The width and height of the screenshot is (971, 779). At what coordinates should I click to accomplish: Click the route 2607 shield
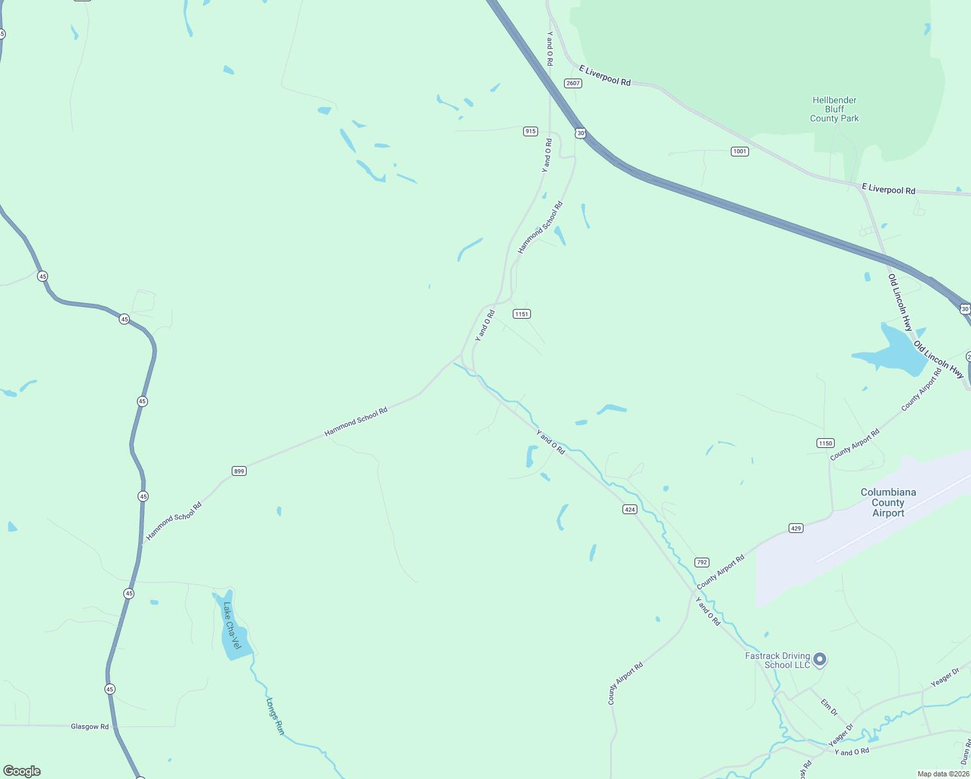572,83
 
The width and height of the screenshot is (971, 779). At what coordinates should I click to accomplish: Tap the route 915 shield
530,131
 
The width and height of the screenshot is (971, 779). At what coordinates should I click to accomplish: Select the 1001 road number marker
740,151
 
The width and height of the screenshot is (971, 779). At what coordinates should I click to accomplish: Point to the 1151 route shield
522,314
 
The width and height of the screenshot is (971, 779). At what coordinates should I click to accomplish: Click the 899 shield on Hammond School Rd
240,471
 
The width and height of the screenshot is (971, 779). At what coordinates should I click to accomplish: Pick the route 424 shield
630,510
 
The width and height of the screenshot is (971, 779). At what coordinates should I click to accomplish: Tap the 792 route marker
702,562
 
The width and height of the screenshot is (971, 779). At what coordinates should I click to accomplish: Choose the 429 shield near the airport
796,528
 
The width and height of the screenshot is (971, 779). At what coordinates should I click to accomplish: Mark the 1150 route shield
825,443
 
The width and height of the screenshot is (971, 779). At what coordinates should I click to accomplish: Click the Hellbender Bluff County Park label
834,109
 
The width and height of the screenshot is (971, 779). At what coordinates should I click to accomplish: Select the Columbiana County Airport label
888,502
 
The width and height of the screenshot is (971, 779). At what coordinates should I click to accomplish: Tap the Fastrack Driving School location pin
820,660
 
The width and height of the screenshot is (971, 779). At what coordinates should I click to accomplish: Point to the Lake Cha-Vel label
231,625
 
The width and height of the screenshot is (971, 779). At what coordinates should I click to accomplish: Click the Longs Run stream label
275,716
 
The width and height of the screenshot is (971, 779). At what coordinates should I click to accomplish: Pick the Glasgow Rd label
90,726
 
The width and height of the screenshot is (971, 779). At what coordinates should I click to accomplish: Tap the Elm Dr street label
829,708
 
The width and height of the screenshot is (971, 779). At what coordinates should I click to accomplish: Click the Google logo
22,771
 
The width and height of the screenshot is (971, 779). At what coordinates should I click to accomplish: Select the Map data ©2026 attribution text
942,774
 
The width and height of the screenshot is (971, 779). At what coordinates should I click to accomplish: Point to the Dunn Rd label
965,752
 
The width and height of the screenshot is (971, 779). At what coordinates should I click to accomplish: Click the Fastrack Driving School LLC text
778,660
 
